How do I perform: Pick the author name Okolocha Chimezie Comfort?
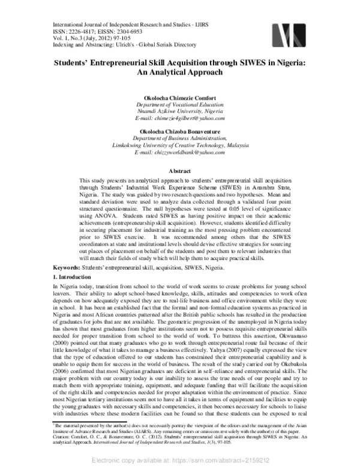[180, 97]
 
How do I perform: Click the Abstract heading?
[180, 171]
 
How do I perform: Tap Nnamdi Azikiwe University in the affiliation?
[172, 111]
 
